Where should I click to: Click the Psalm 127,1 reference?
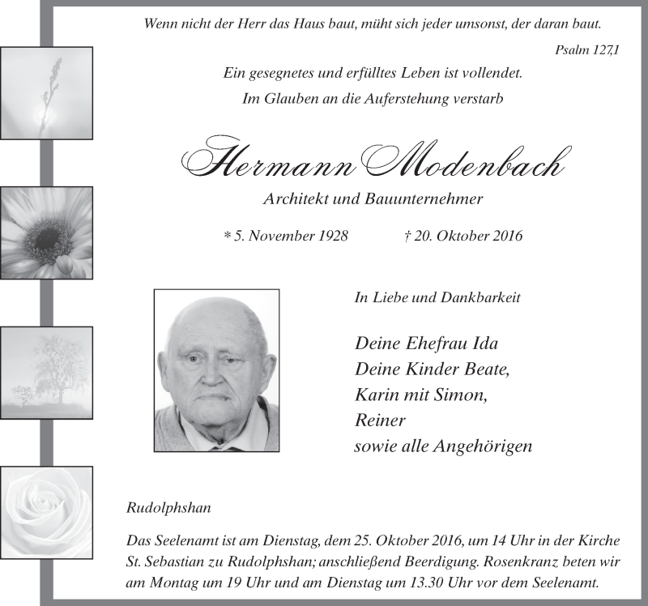click(587, 50)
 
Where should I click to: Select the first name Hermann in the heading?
click(271, 164)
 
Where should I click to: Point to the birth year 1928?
click(330, 237)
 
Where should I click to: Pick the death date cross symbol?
click(406, 237)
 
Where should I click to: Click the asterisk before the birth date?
click(227, 237)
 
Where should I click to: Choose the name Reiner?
click(380, 420)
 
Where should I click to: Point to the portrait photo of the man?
click(216, 370)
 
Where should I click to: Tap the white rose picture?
click(46, 513)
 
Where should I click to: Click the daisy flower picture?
click(46, 233)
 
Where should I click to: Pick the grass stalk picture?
click(46, 93)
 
